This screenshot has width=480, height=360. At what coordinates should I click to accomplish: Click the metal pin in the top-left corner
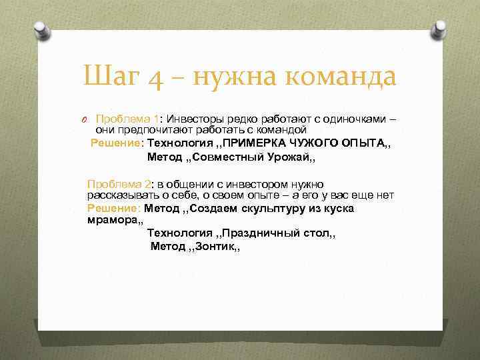[x=39, y=30]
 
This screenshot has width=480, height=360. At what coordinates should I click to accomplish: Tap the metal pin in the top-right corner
[x=440, y=30]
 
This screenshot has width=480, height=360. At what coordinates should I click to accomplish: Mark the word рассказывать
[x=120, y=195]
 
